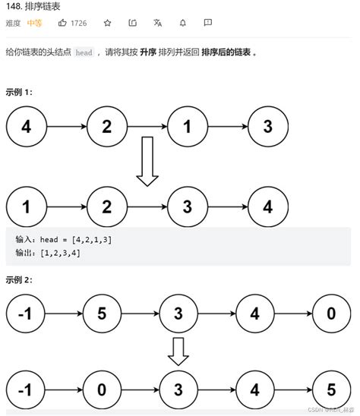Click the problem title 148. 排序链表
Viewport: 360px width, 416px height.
pos(34,7)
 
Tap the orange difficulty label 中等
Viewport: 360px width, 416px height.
pos(35,23)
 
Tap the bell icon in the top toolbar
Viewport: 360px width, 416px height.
pos(183,23)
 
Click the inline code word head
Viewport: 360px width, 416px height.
pos(84,53)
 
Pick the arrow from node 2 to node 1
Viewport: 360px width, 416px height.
pos(147,127)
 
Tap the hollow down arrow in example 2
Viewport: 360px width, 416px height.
pos(178,350)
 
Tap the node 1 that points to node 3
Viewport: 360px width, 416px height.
pos(188,127)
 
